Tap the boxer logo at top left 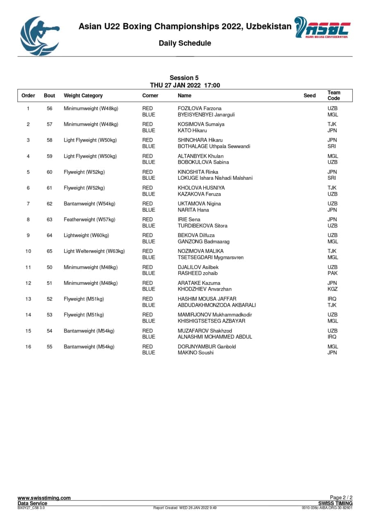coord(39,36)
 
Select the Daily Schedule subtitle coord(185,43)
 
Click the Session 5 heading coord(184,78)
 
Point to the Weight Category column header coord(83,96)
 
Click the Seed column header coord(309,96)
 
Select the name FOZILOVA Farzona coord(199,108)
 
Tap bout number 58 coord(50,140)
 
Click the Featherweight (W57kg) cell coord(89,219)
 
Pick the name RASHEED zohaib coord(198,273)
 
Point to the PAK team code coord(332,273)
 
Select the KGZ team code coord(332,289)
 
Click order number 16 coord(28,347)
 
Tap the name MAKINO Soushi coord(196,353)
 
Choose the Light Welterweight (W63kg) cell coord(94,251)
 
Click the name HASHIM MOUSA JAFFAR coord(207,299)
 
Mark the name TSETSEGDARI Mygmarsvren coord(210,257)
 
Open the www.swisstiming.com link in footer coord(44,498)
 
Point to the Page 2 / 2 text coord(341,498)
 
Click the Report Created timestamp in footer coord(185,508)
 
